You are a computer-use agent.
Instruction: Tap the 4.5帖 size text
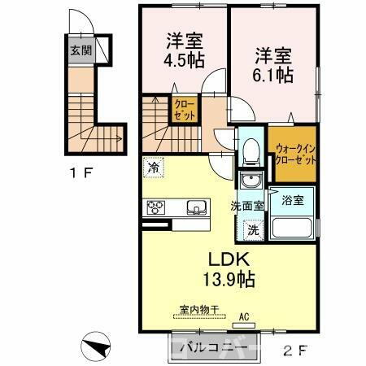[185, 61]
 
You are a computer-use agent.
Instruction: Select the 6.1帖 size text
[272, 75]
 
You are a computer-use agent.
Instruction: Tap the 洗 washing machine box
[253, 229]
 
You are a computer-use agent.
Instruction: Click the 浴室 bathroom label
[291, 199]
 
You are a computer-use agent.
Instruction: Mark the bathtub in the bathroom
[291, 226]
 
